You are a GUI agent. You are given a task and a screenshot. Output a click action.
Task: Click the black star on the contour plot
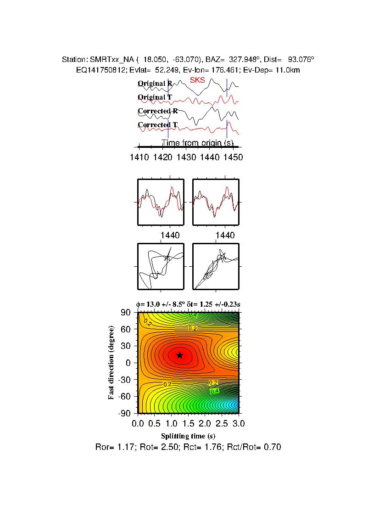click(180, 355)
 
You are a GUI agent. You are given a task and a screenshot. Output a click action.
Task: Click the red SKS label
click(198, 80)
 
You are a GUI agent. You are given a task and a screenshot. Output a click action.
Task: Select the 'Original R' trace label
click(155, 84)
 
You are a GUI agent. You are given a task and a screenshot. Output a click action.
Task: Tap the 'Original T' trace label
click(155, 97)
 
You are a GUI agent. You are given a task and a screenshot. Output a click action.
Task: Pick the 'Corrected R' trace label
click(157, 111)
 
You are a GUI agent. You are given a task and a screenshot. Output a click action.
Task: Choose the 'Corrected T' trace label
click(157, 125)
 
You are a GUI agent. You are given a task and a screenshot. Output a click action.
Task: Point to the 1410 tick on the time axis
click(139, 157)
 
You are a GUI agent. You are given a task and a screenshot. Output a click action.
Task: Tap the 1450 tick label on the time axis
click(233, 157)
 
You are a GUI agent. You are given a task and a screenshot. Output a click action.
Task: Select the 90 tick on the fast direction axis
click(127, 313)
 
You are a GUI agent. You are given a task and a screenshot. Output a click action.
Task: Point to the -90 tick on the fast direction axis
click(125, 413)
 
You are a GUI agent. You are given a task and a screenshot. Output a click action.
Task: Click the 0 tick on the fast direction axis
click(129, 363)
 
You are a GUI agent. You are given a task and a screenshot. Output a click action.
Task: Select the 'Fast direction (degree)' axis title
click(111, 363)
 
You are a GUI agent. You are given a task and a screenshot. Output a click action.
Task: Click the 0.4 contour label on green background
click(214, 391)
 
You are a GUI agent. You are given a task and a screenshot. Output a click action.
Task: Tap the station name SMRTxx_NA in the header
click(108, 60)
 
